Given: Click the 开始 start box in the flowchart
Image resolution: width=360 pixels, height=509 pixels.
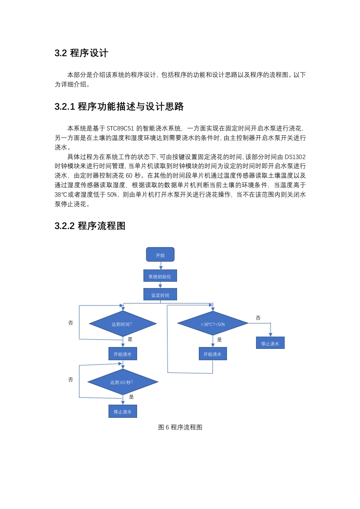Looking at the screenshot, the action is tap(160, 254).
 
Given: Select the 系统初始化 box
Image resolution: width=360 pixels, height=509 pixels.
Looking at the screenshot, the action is tap(160, 276).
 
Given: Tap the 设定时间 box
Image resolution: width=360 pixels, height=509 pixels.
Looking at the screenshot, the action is tap(160, 294).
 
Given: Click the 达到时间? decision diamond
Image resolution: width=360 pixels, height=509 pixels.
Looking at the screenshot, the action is tap(123, 323).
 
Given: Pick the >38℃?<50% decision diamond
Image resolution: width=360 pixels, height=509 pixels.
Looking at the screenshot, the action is tap(213, 323).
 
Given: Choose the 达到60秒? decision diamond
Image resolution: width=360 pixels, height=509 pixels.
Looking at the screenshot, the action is tap(123, 382).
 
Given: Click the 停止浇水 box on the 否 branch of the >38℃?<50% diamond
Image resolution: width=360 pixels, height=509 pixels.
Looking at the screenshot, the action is tap(270, 343).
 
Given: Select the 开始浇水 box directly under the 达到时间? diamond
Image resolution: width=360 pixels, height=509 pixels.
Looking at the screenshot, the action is tap(123, 354).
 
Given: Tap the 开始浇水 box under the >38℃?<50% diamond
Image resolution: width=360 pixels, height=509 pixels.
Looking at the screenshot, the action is tap(213, 354).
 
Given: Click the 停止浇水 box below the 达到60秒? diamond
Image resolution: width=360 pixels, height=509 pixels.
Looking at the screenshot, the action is tap(123, 411).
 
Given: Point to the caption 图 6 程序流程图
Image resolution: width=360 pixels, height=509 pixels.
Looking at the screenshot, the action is tap(180, 427).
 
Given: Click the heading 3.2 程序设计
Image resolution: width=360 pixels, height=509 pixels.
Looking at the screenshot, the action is tap(81, 53).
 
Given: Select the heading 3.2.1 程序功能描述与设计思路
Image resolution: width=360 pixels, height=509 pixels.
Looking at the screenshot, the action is tap(119, 107).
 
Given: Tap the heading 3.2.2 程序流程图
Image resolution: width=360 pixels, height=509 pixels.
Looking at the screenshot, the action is tap(90, 226).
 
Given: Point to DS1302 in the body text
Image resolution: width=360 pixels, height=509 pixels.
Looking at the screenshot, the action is tap(296, 157).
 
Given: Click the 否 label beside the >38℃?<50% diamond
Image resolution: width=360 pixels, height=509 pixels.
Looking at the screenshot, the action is tap(258, 318).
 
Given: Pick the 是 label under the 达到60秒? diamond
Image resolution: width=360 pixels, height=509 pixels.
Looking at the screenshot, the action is tap(131, 396).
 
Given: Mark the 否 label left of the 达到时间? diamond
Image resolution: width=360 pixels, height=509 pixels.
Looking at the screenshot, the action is tap(70, 323).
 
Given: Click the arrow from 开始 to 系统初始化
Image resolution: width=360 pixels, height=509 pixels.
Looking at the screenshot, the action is tap(161, 265).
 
